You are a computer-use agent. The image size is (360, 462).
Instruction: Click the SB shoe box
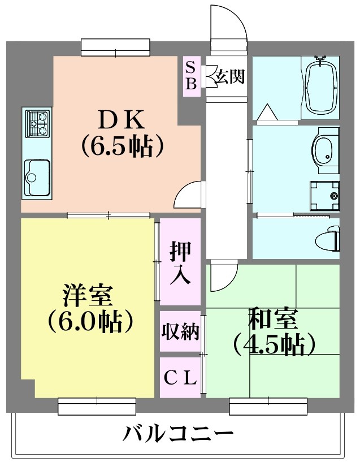tap(191, 76)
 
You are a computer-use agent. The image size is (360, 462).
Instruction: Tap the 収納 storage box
tap(180, 332)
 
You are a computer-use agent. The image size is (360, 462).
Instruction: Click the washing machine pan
tap(324, 196)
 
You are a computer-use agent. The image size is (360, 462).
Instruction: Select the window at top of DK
tap(115, 47)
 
